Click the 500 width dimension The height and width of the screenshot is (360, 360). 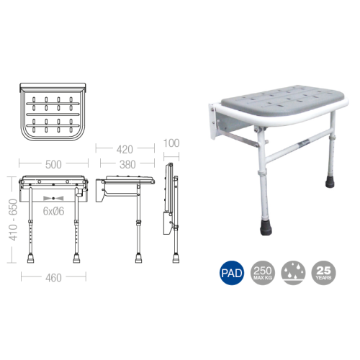coord(53,164)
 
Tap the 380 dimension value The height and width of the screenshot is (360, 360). coord(127,163)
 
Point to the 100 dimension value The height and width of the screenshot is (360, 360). coord(171,143)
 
